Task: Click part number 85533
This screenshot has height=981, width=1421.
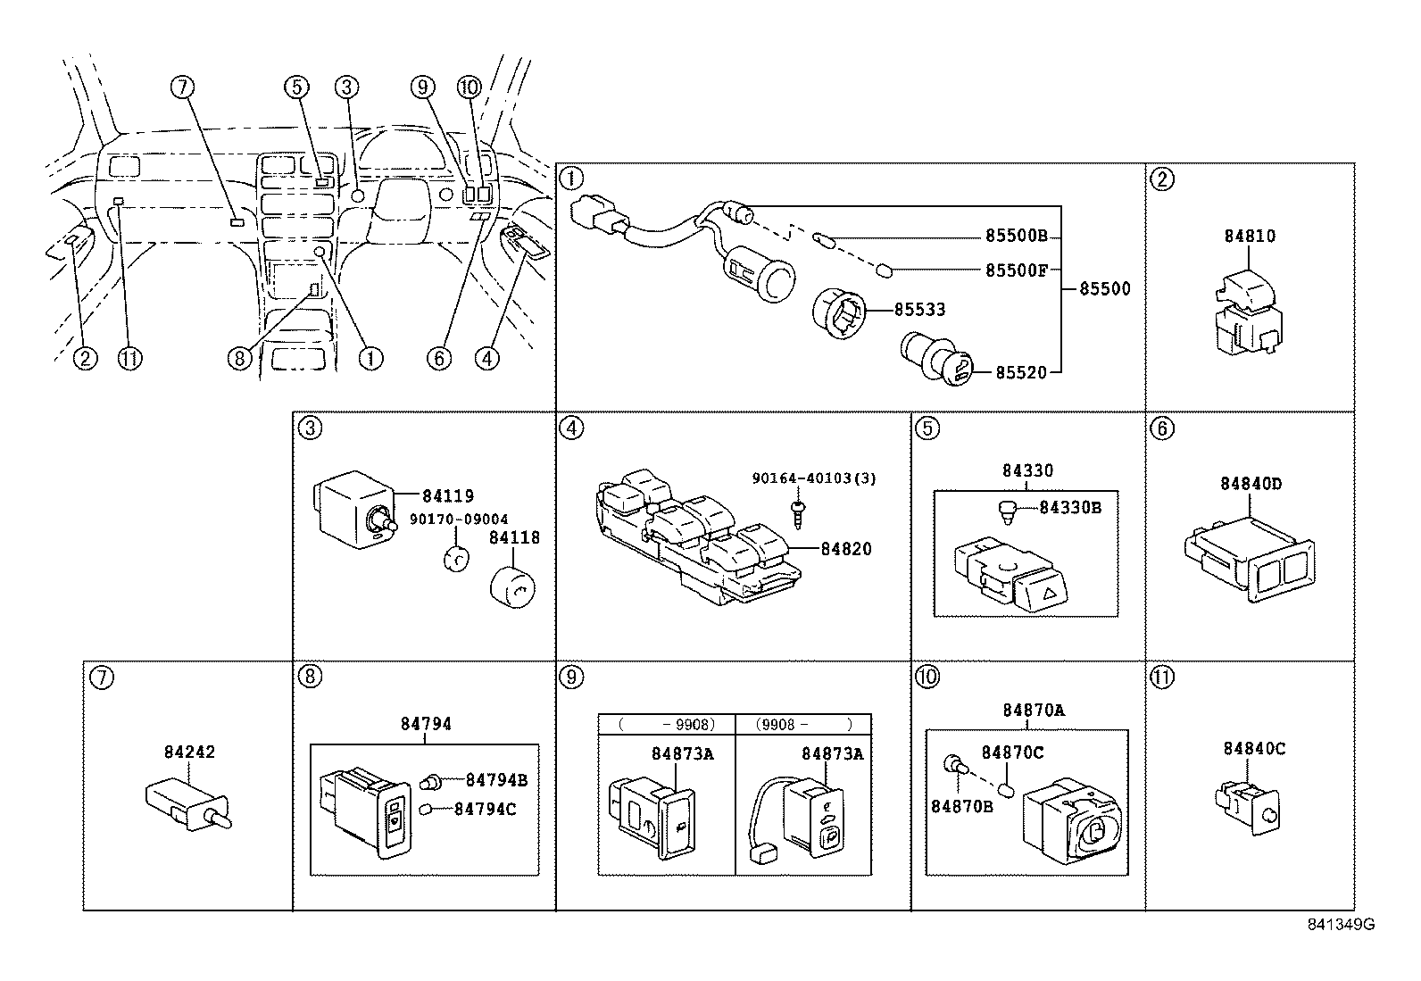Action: (x=919, y=311)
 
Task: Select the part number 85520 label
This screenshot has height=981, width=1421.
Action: (x=1020, y=373)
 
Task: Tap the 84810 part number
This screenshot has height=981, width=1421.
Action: (x=1250, y=237)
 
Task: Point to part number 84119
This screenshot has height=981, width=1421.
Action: (x=448, y=496)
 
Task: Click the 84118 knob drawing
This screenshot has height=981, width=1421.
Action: (x=512, y=585)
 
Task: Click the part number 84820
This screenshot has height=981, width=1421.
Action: (x=845, y=549)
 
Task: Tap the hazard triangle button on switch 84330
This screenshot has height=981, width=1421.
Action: (x=1051, y=588)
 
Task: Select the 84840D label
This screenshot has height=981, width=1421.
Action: (x=1251, y=484)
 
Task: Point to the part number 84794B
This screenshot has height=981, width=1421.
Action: (x=496, y=780)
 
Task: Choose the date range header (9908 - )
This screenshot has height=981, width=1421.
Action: (x=802, y=724)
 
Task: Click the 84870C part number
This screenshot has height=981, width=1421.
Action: (x=1012, y=753)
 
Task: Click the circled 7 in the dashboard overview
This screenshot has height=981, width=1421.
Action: (x=182, y=87)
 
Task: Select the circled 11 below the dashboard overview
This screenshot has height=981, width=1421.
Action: (x=130, y=359)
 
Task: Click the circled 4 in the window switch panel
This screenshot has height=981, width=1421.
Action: (x=571, y=429)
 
